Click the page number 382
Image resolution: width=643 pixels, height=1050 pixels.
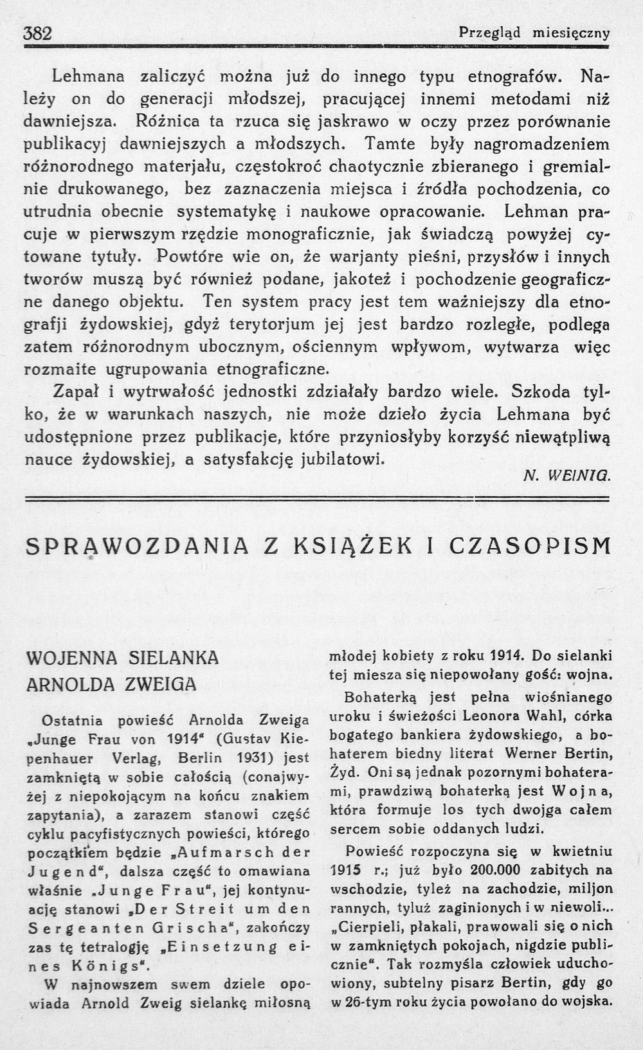pos(37,33)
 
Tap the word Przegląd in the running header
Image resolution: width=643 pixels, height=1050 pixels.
pos(490,33)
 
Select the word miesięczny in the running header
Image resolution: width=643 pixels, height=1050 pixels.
pos(571,33)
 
